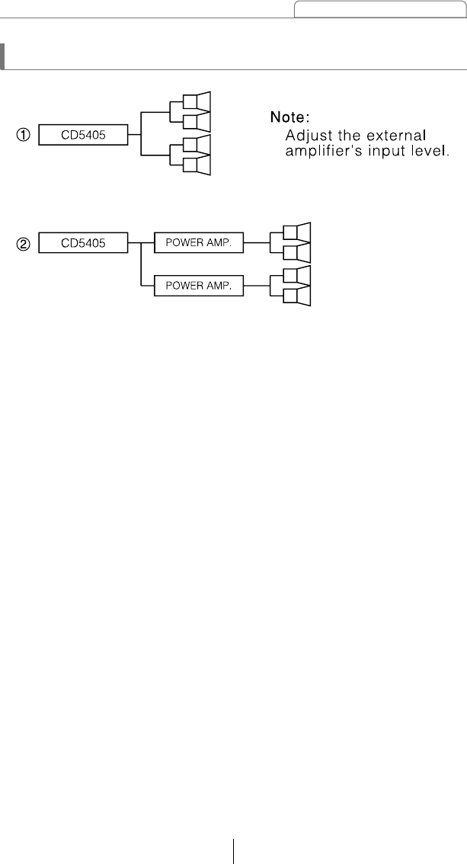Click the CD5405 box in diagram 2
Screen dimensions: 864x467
click(83, 244)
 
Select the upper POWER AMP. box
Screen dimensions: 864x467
click(198, 244)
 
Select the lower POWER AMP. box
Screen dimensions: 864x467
click(198, 286)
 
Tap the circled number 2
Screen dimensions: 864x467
click(24, 244)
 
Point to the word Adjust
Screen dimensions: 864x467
click(306, 135)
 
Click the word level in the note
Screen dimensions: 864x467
click(433, 152)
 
